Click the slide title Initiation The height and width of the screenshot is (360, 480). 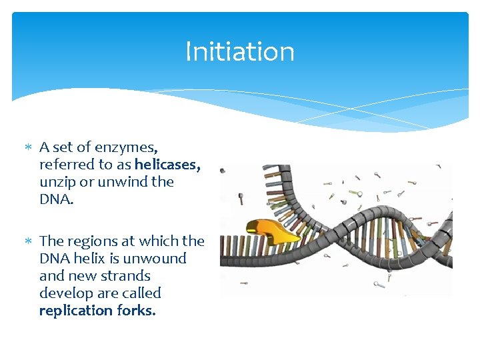click(x=239, y=51)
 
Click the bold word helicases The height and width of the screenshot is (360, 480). click(x=167, y=164)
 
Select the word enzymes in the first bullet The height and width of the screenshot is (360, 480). click(x=127, y=147)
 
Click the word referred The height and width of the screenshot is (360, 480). click(x=67, y=164)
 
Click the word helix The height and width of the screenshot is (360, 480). click(x=93, y=258)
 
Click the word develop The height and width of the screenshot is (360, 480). click(x=65, y=293)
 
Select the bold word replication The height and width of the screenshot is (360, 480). click(x=76, y=310)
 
